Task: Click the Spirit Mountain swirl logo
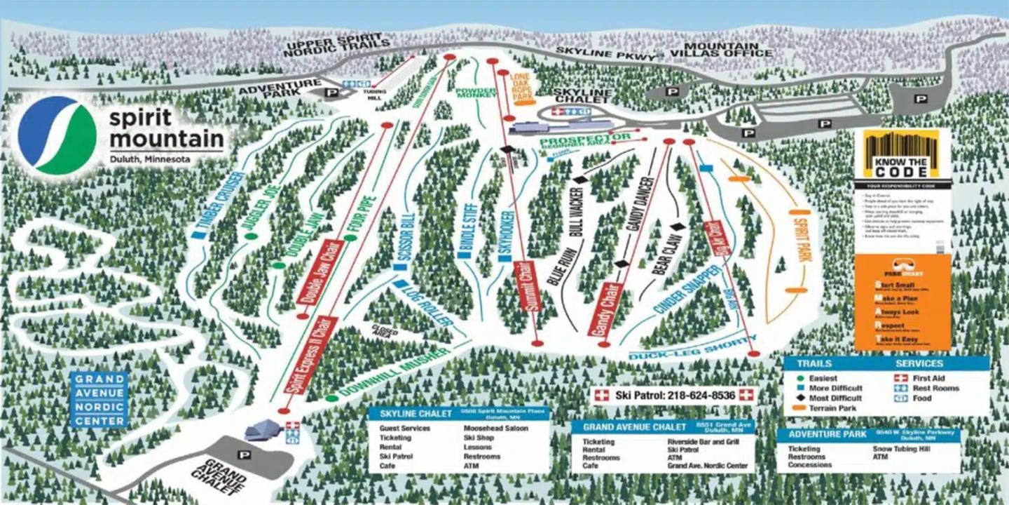click(x=57, y=135)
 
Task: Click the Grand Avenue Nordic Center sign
click(x=99, y=400)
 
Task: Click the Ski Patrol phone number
click(x=675, y=396)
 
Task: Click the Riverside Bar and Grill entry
click(x=701, y=443)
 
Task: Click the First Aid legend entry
click(x=930, y=378)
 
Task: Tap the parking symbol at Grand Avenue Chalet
click(x=245, y=454)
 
